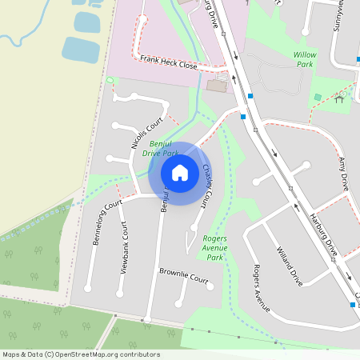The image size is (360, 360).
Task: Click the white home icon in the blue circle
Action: click(x=180, y=173)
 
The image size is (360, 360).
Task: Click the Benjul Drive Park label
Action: click(x=159, y=148)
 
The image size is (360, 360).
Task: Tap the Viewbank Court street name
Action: click(x=125, y=247)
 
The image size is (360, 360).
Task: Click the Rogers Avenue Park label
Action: click(x=214, y=248)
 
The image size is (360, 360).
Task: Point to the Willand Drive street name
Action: click(x=288, y=266)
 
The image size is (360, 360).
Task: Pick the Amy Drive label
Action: click(x=344, y=173)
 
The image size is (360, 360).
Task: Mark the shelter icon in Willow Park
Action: click(x=341, y=98)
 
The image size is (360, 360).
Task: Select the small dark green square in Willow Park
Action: click(x=318, y=97)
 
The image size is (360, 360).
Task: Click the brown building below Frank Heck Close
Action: click(x=216, y=84)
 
